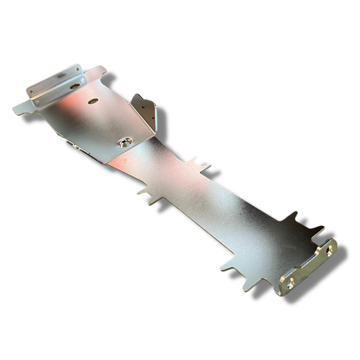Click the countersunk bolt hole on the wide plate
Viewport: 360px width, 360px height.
[124, 142]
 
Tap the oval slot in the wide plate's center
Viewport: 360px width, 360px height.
[93, 101]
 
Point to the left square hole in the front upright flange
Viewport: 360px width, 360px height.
[32, 93]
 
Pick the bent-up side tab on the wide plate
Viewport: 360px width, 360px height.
[144, 111]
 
